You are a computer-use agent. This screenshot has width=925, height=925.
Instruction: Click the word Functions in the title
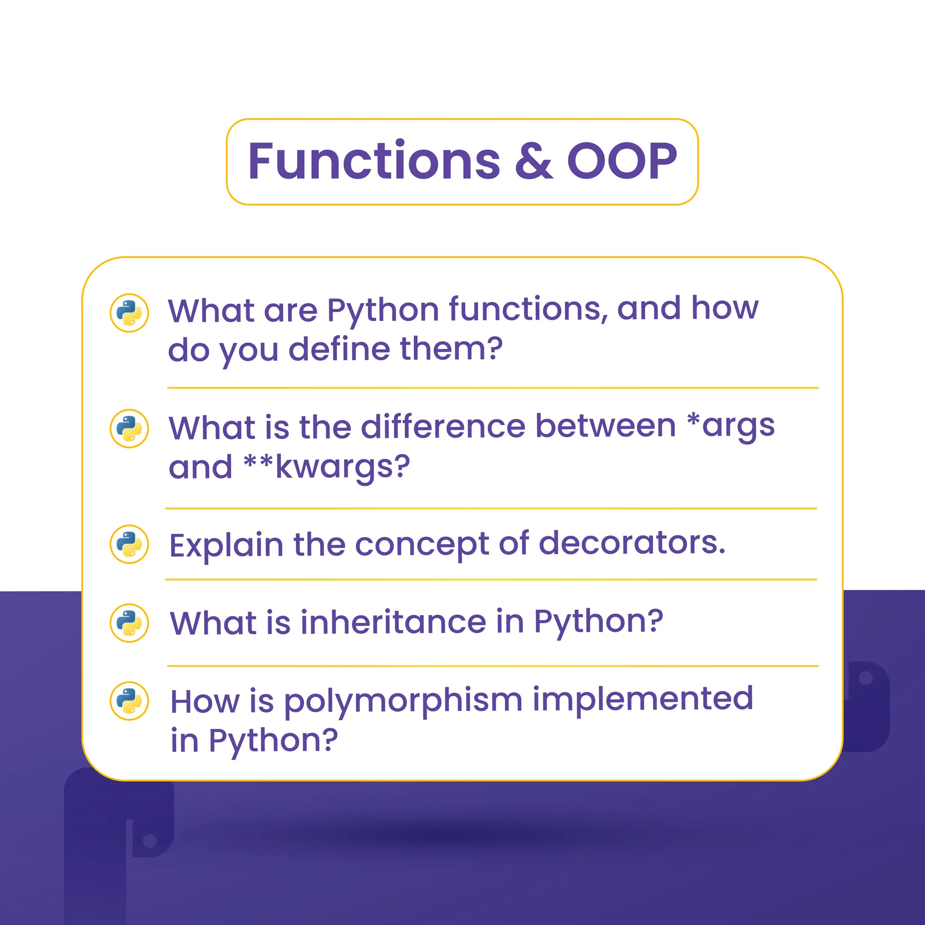tap(374, 161)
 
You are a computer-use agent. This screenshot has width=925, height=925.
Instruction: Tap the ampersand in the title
tap(533, 161)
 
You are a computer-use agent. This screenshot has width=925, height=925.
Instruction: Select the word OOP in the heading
tap(621, 161)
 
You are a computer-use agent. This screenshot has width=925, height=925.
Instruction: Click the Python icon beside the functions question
tap(129, 313)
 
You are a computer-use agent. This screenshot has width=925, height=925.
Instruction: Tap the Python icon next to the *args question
tap(129, 429)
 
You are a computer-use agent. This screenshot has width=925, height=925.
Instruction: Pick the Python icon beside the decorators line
tap(129, 544)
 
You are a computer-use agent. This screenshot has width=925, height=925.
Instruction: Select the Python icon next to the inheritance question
tap(129, 623)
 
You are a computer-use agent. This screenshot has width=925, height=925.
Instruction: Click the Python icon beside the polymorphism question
tap(129, 701)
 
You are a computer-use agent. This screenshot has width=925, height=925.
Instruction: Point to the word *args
tap(731, 426)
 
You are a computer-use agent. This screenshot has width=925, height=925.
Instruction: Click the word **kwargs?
tap(327, 467)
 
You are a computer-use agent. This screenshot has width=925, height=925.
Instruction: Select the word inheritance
tap(393, 622)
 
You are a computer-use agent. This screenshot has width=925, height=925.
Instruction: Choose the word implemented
tap(643, 699)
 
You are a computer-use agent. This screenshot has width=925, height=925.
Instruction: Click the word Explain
tap(226, 546)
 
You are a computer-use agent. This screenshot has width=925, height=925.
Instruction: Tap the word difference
tap(444, 426)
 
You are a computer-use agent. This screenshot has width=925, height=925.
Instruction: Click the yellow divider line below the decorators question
tap(491, 580)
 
